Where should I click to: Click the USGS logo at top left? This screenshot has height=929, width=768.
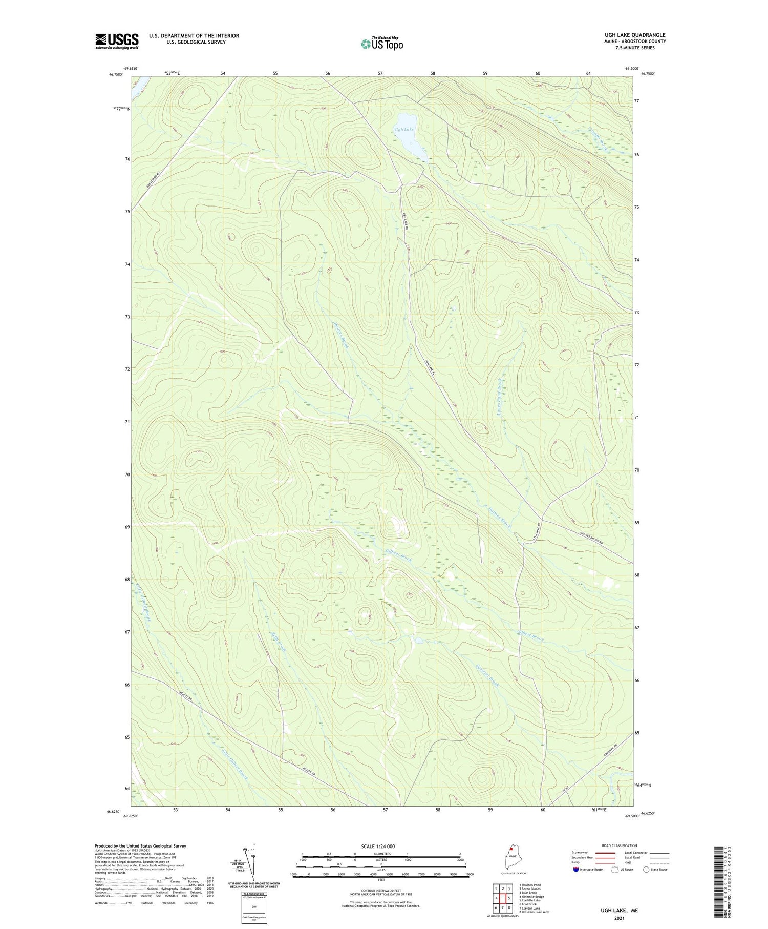117,41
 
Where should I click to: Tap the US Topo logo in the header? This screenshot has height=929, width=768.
381,44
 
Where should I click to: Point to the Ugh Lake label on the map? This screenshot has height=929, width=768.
404,129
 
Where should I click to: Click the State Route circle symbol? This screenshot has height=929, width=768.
646,869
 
